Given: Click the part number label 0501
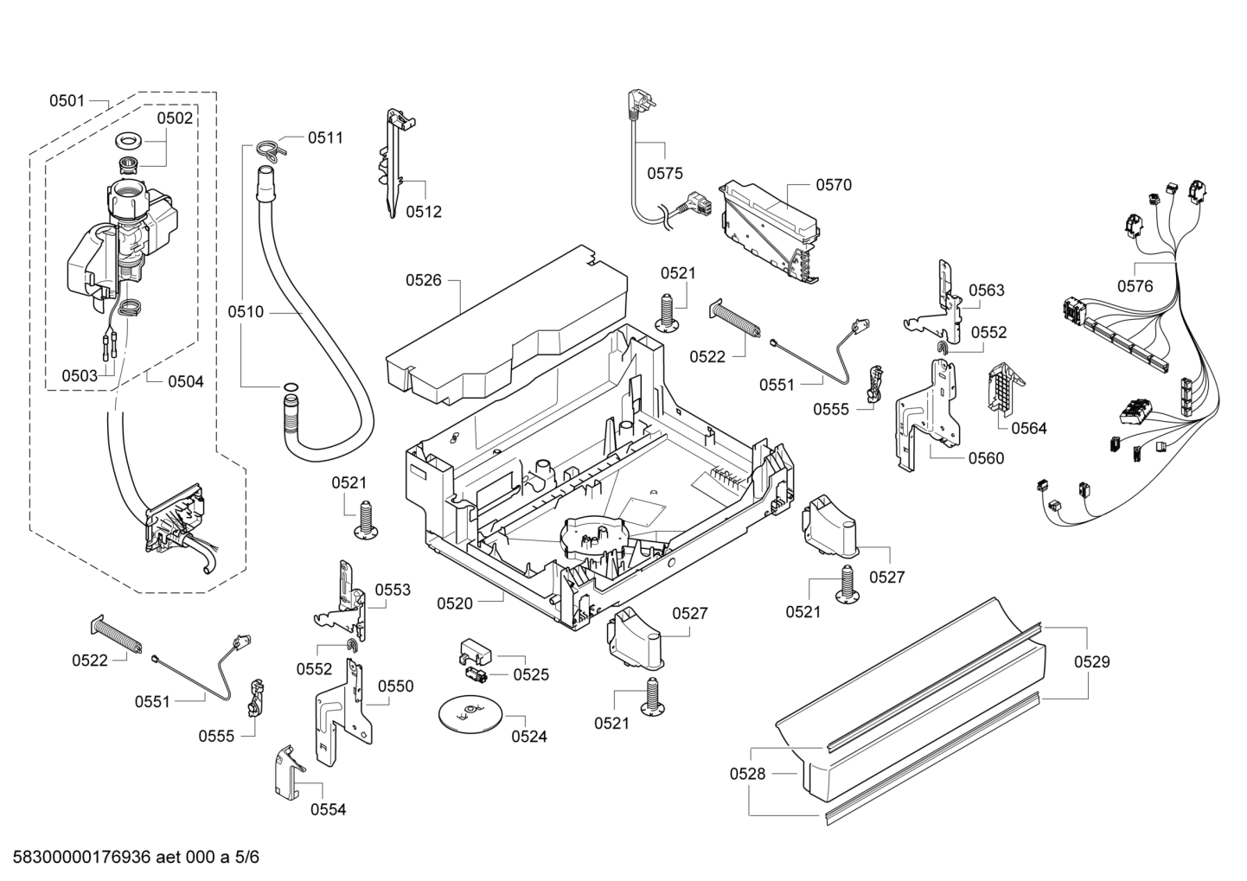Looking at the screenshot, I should [66, 101].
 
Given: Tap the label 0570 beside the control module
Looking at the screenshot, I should [834, 184].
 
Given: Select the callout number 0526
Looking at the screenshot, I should [423, 279].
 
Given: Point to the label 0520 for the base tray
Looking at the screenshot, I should [455, 603].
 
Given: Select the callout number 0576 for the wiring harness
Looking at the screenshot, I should [1135, 286].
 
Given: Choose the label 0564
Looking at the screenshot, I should [1028, 428].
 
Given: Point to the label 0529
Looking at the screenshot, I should [1091, 662].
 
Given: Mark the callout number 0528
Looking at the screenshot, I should [747, 775].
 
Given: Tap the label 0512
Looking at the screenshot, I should [424, 212].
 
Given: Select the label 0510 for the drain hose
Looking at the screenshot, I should [246, 312].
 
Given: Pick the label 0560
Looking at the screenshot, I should [986, 458].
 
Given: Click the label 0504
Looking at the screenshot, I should [185, 380].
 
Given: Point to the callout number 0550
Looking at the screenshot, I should [395, 686].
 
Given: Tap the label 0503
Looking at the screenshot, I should [79, 375].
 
